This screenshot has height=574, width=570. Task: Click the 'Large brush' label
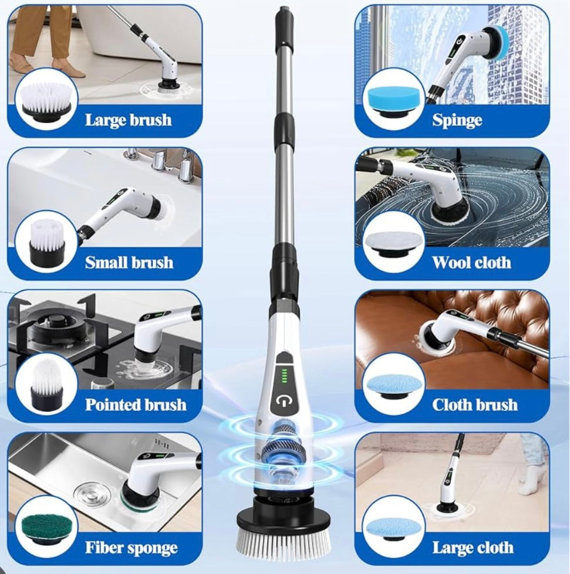pos(129,120)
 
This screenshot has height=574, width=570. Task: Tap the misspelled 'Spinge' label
pos(457,120)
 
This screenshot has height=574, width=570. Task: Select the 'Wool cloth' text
pos(471,263)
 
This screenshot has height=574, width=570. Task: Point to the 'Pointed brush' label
pos(136,405)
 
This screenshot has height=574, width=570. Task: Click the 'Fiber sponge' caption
pos(131,548)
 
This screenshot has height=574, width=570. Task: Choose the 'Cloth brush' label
pos(475,405)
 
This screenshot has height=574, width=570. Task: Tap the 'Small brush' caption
pos(129,263)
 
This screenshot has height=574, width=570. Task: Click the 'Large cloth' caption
pos(473,548)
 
